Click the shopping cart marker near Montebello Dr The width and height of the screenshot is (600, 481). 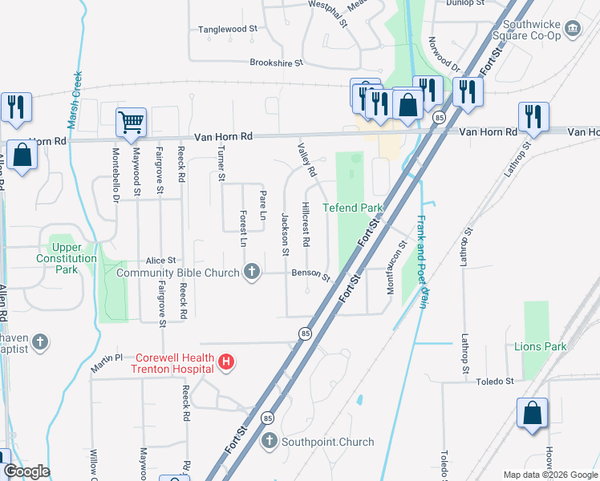click(x=131, y=123)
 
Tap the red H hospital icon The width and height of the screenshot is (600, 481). click(x=227, y=362)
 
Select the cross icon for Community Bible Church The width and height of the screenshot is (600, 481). click(x=253, y=272)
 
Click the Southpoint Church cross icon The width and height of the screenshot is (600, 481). click(x=270, y=441)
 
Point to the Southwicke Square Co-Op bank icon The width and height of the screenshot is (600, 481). click(x=573, y=29)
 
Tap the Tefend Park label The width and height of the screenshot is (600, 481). click(x=353, y=208)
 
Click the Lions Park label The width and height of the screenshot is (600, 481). click(x=541, y=346)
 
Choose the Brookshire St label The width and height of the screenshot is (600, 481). click(x=277, y=62)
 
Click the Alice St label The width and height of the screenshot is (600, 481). click(x=160, y=261)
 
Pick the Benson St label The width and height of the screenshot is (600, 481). click(x=311, y=275)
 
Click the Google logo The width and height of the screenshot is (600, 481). click(x=27, y=471)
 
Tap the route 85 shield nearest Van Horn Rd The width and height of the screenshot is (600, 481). click(x=439, y=118)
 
